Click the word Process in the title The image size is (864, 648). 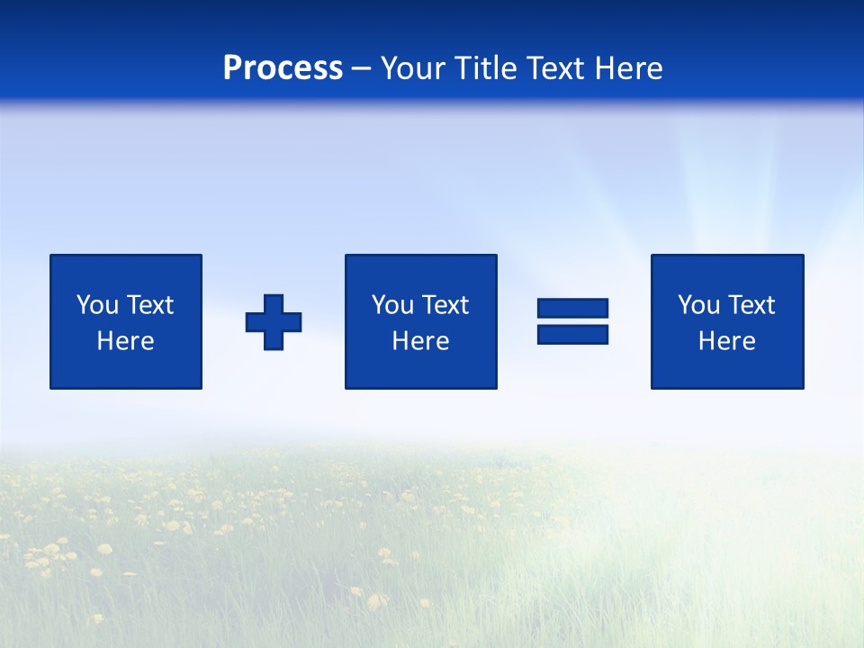(283, 68)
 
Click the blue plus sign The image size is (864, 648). (274, 322)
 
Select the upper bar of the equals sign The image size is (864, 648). (572, 309)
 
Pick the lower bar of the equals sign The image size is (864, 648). (572, 334)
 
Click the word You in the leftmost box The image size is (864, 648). (97, 305)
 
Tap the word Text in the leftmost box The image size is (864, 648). (148, 305)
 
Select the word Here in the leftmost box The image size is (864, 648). (125, 341)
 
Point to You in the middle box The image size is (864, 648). (392, 305)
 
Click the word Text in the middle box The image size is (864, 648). (444, 305)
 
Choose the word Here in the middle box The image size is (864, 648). (420, 341)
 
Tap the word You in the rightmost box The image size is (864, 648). (698, 305)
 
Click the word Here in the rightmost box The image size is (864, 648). (726, 341)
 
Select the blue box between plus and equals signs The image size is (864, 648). (420, 369)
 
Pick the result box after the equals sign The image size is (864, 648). (726, 369)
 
